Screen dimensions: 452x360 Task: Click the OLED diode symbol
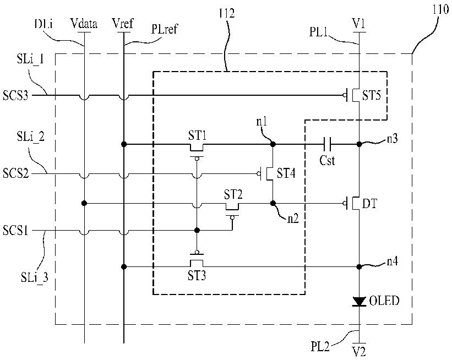point(359,302)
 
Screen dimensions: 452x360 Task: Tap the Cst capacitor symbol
point(328,144)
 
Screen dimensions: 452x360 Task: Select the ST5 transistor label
point(372,95)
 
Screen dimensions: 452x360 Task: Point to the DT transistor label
point(369,204)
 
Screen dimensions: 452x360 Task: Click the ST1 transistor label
point(198,135)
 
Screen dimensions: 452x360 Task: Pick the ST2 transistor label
point(233,194)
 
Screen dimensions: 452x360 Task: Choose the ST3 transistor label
point(197,276)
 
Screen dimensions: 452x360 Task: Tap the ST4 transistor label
point(286,173)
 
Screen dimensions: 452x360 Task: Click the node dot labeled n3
point(359,144)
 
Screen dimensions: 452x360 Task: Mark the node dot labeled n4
point(359,267)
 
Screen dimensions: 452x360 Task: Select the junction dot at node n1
point(273,144)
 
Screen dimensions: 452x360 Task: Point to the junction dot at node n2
point(273,204)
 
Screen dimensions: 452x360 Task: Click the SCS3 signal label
point(15,95)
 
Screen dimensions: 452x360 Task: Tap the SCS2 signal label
point(16,173)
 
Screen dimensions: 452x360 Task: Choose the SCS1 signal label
point(15,231)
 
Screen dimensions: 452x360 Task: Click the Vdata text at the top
point(84,24)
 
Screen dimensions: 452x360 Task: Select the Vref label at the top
point(123,23)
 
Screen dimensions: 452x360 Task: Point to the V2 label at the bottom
point(359,351)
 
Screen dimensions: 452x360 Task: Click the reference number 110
point(441,10)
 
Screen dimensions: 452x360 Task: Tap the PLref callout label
point(164,29)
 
